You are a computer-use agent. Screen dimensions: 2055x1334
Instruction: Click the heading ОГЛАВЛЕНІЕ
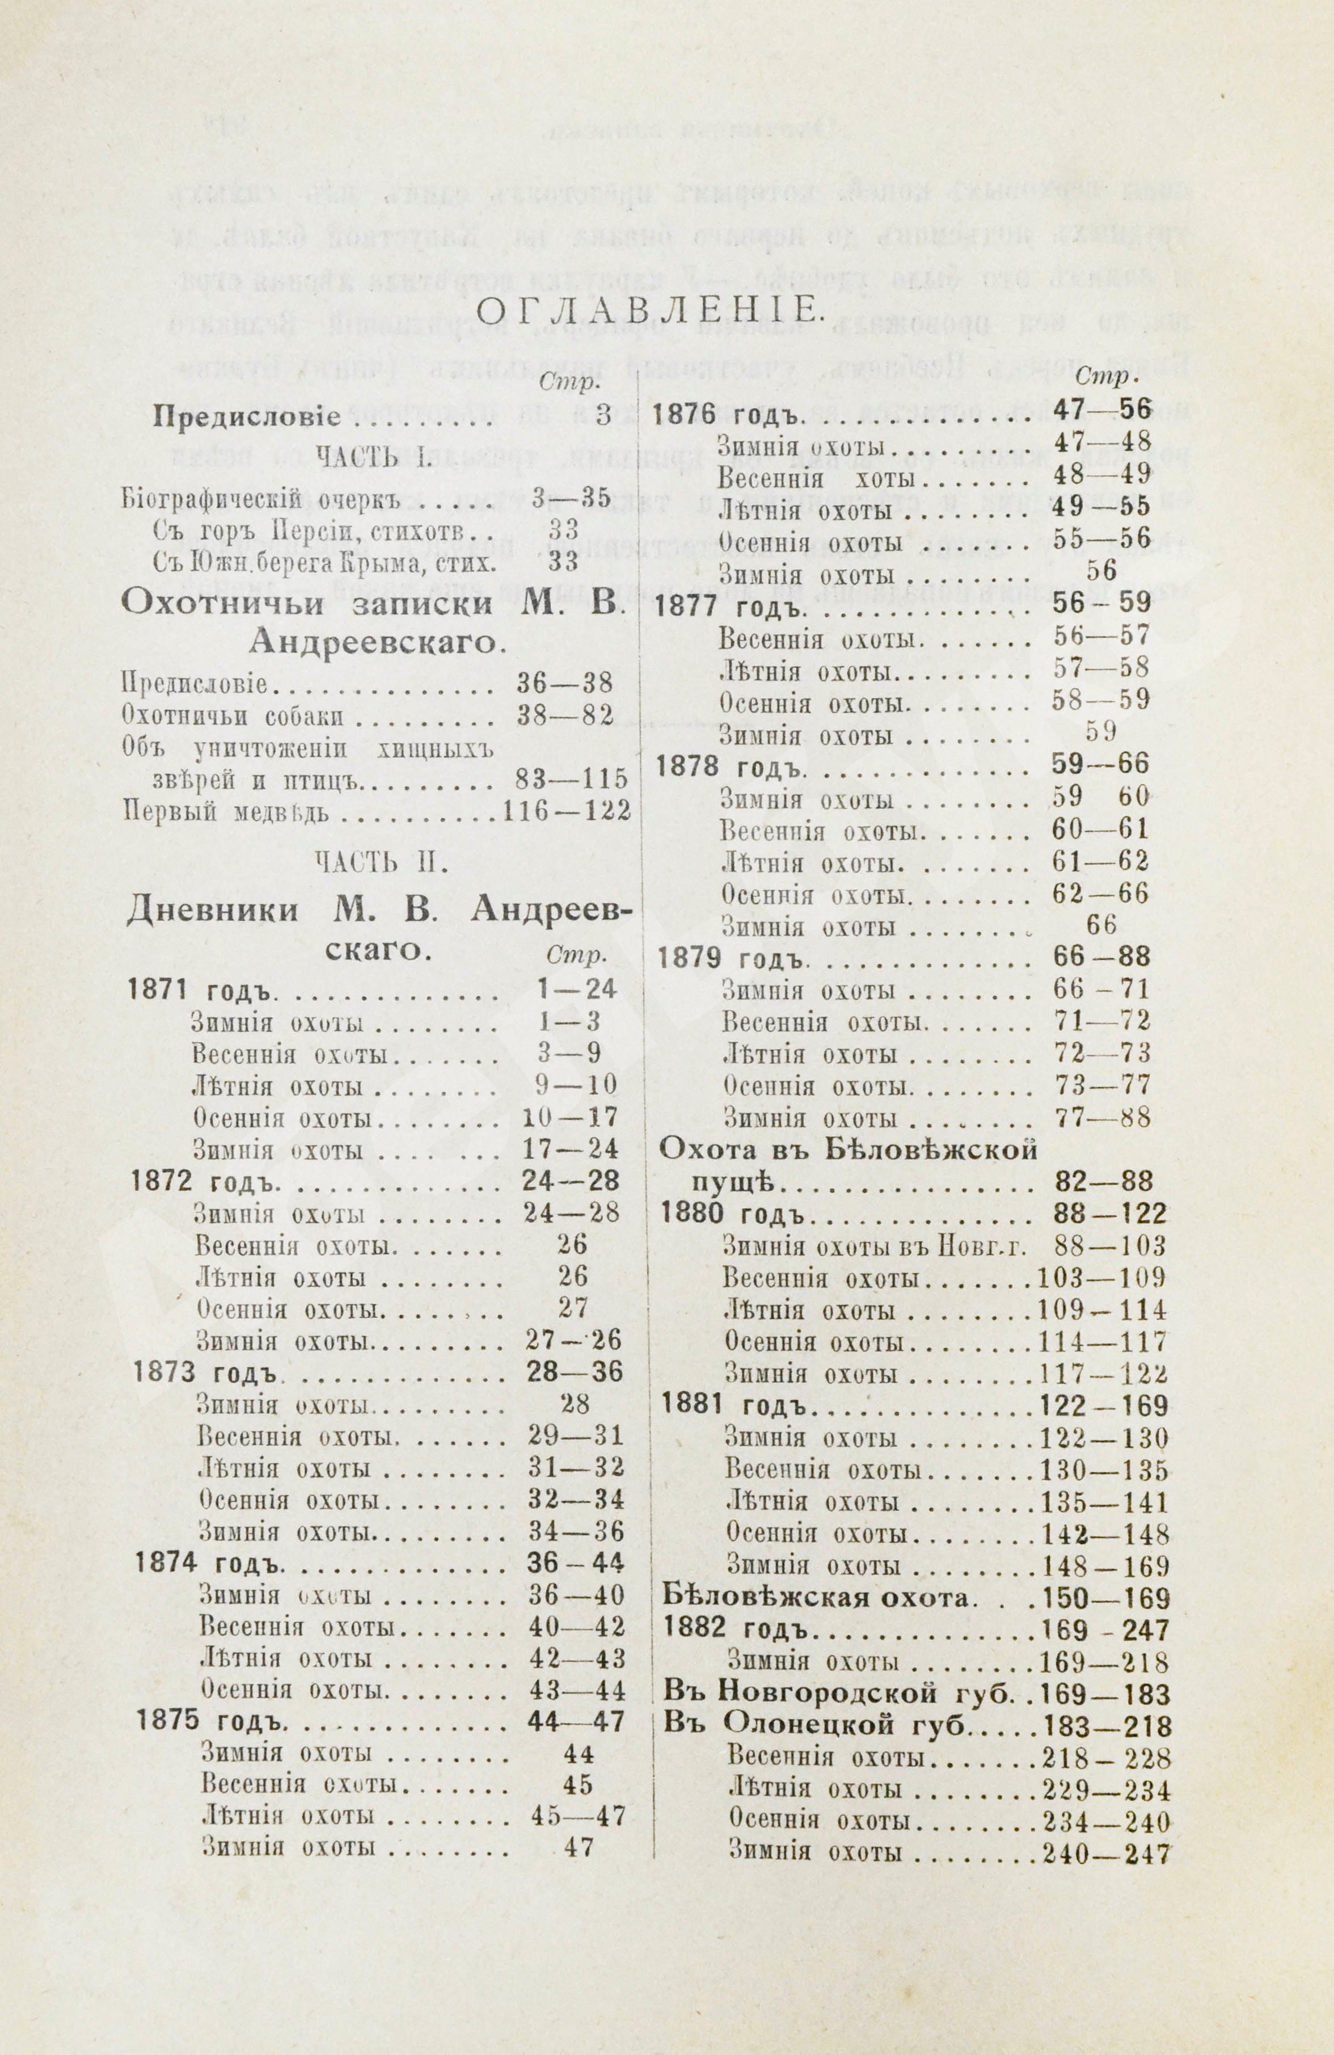click(x=648, y=311)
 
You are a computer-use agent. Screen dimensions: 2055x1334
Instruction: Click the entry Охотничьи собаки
click(x=233, y=716)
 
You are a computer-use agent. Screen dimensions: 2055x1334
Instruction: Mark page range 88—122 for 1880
click(x=1109, y=1215)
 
